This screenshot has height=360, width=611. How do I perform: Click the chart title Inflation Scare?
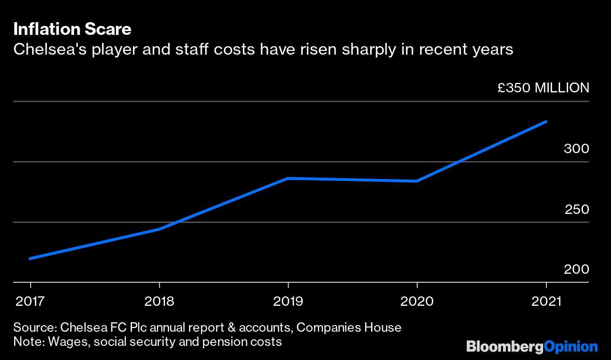coord(72,30)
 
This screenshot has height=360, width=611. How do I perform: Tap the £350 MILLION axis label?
coord(543,88)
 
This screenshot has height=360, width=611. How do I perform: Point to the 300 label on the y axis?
coord(576,149)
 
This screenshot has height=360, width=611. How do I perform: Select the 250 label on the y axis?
coord(577,209)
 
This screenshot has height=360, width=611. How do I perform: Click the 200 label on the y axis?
coord(576,269)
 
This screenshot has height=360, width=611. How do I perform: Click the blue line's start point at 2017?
coord(31,258)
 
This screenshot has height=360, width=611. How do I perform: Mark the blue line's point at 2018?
coord(159,229)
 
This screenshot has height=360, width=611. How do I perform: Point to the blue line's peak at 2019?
coord(288,178)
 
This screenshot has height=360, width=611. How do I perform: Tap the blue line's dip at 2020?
coord(417,181)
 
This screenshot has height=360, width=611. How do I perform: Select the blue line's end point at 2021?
coord(546,122)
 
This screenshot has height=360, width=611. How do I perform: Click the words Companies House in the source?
coord(349,327)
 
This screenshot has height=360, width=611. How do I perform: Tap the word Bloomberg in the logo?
coord(505,347)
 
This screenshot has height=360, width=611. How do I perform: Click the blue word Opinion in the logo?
coord(571,347)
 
